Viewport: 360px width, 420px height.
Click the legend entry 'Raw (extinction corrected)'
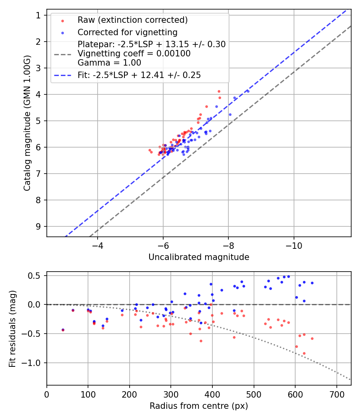[132, 20]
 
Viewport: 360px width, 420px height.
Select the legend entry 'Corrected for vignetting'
[127, 32]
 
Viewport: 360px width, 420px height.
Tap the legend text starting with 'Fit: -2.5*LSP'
[139, 75]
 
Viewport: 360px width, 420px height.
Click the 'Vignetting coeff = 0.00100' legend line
[134, 53]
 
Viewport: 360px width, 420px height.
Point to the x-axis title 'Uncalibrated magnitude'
[199, 257]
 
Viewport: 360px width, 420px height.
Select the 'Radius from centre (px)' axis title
[199, 406]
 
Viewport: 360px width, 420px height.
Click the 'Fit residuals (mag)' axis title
[12, 328]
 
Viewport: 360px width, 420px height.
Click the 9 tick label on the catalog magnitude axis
[38, 226]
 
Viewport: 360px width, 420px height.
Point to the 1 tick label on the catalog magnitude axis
[38, 15]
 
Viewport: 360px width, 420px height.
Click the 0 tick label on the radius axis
[47, 394]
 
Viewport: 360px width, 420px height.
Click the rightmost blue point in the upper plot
[248, 91]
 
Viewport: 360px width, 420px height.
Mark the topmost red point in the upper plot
[219, 91]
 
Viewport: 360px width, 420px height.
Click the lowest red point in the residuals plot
[304, 353]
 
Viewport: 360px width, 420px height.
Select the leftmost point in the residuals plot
[63, 330]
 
